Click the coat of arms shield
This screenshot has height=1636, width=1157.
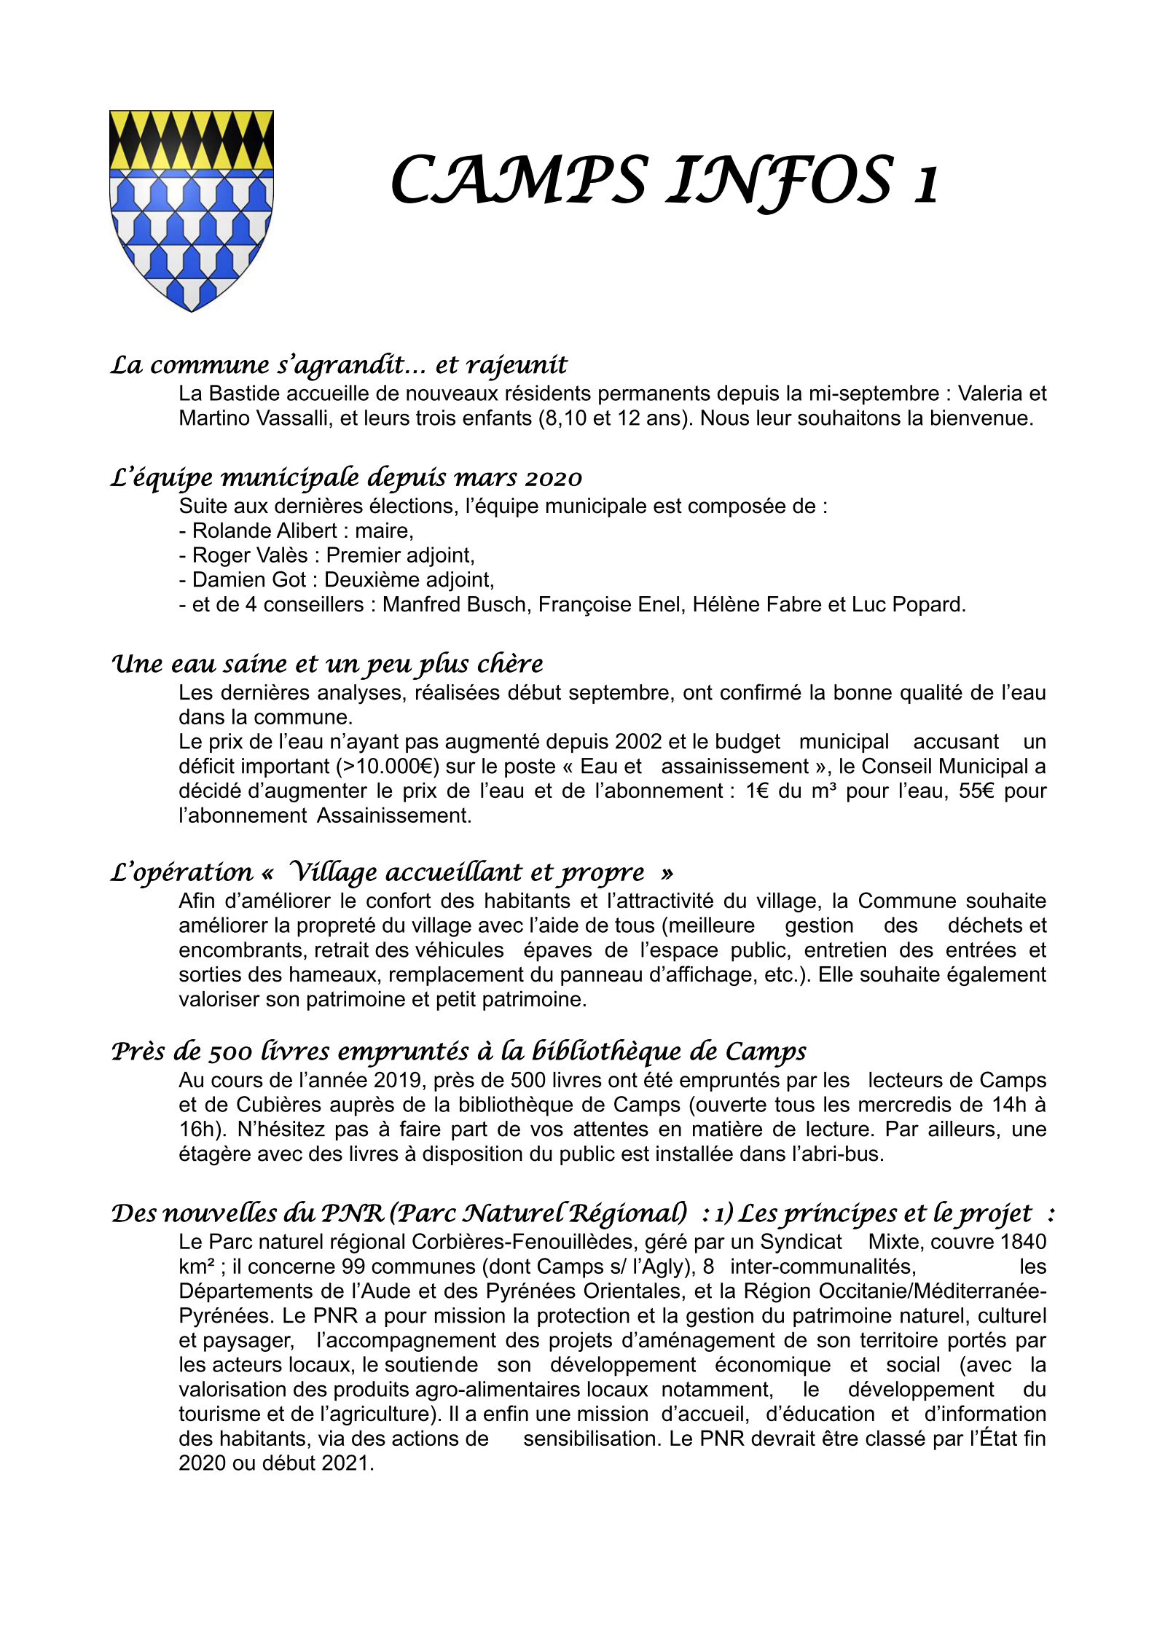(191, 210)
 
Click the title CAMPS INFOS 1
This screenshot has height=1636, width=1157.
(664, 181)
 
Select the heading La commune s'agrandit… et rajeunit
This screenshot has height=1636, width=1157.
(339, 364)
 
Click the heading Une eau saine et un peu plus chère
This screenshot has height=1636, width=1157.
(327, 664)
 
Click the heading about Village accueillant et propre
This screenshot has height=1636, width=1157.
(391, 872)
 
